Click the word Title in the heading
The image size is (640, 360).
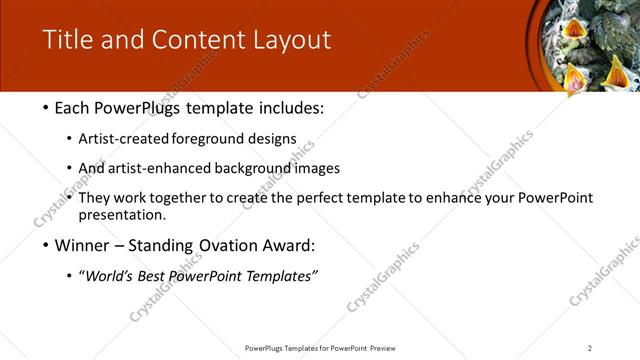click(x=65, y=40)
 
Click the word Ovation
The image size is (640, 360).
click(x=220, y=245)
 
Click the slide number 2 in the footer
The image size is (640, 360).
click(x=589, y=348)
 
